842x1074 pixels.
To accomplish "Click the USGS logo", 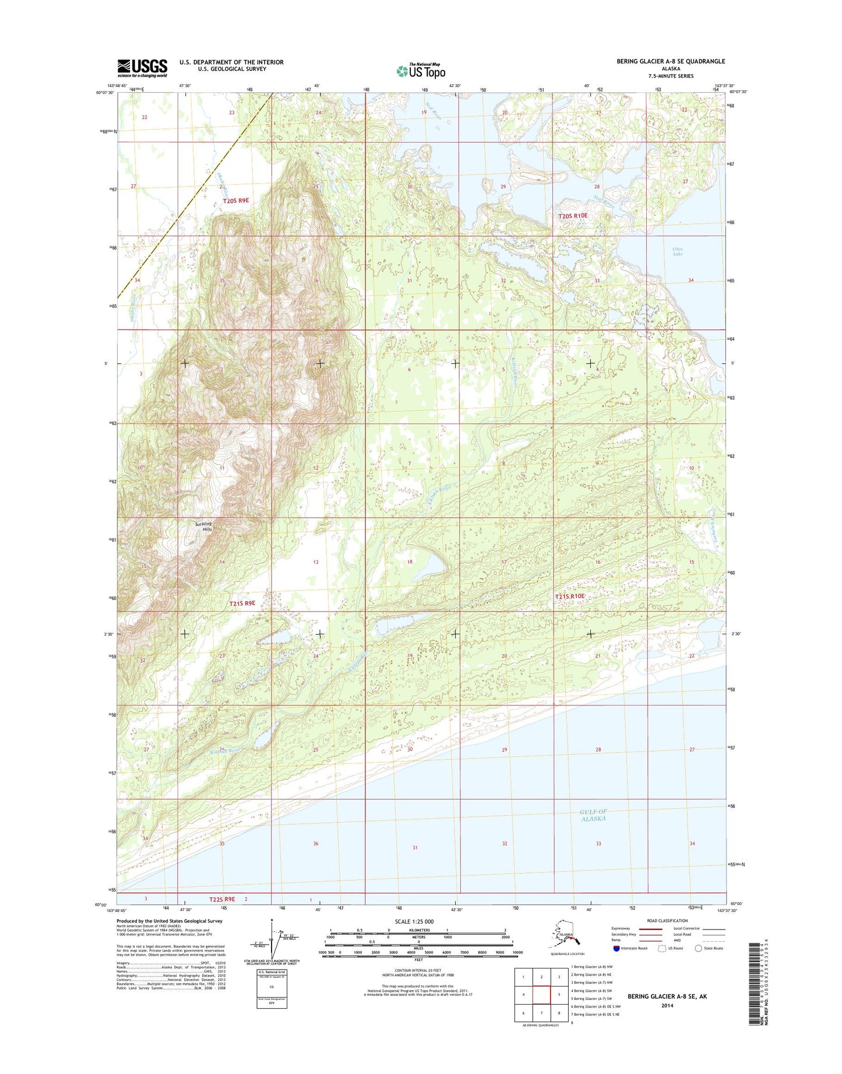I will [142, 68].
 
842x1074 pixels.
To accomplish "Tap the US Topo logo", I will [421, 71].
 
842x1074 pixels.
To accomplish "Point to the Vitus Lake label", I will [678, 252].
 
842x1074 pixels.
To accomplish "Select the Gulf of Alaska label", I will [593, 815].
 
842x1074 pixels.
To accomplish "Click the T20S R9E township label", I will [236, 201].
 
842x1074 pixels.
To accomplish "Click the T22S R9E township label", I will [222, 900].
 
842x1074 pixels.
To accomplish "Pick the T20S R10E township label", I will [573, 216].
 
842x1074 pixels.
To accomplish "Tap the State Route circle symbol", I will [698, 948].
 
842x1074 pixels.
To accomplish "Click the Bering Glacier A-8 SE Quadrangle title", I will [671, 61].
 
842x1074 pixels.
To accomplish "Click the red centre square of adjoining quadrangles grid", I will [542, 995].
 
